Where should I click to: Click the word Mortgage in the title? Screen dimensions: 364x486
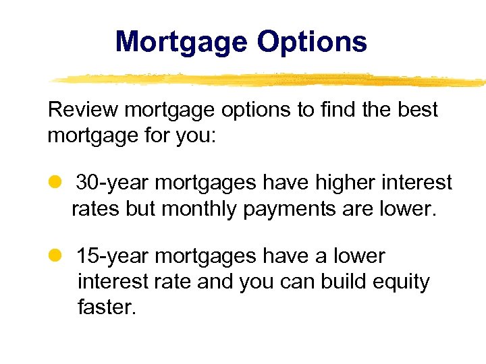(x=180, y=42)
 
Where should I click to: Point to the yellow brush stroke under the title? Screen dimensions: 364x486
(x=270, y=80)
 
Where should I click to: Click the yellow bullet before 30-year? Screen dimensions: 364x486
(x=55, y=183)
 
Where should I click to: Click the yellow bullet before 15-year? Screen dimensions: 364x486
(x=55, y=256)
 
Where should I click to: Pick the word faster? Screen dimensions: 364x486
(x=107, y=307)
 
